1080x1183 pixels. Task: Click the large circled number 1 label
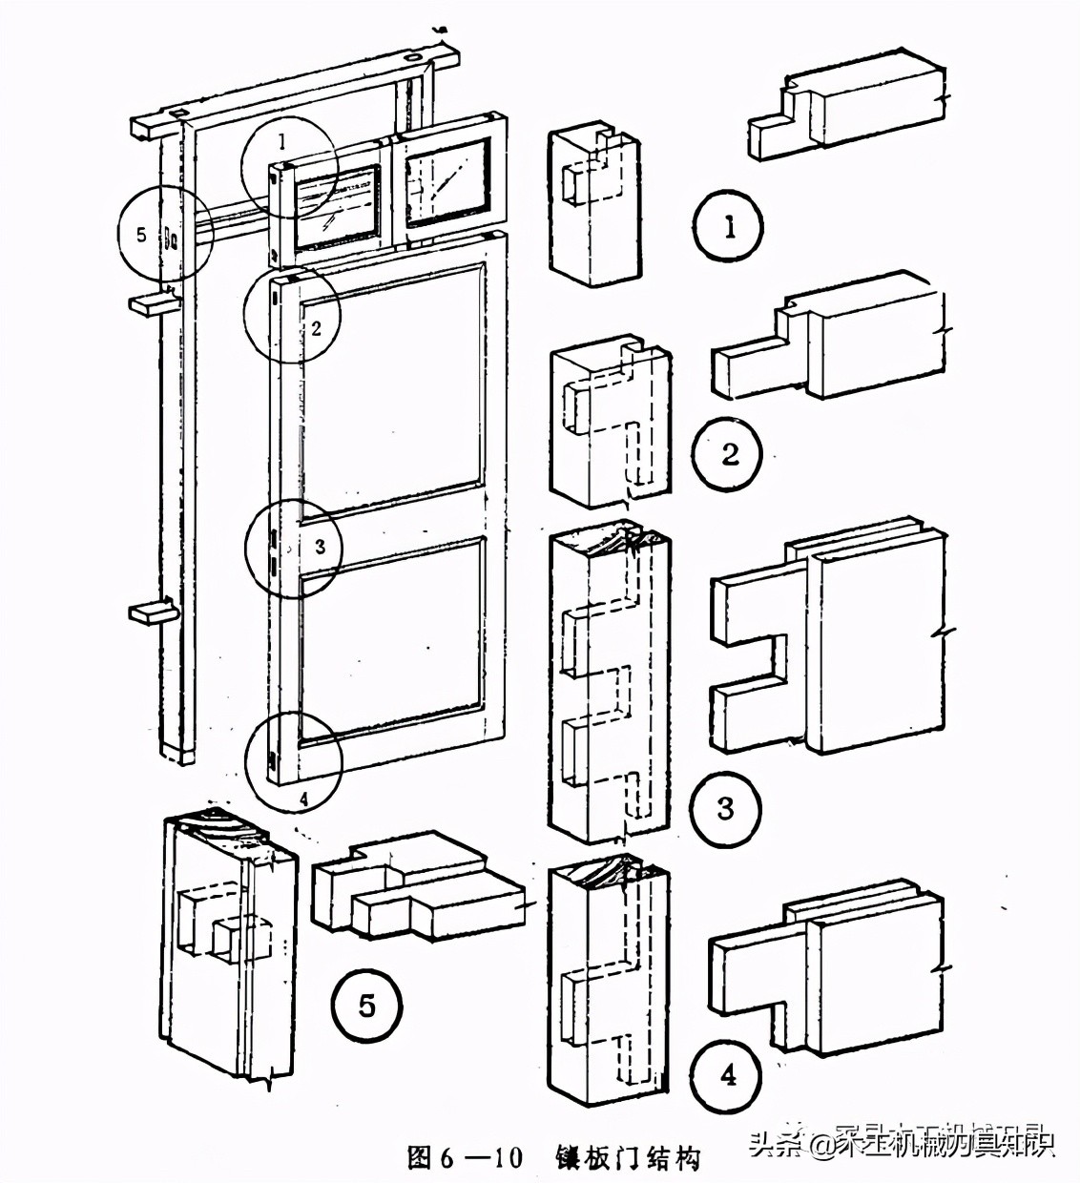[x=729, y=227]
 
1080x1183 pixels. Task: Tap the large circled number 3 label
[x=725, y=809]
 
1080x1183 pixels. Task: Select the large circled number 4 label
[x=728, y=1076]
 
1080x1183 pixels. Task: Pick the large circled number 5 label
[x=366, y=1005]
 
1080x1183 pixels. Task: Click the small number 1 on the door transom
[x=281, y=142]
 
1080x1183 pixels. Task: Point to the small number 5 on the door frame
[x=142, y=233]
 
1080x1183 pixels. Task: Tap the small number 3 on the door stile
[x=321, y=547]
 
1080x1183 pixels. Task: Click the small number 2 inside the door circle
[x=317, y=329]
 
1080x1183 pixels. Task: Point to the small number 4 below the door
[x=303, y=799]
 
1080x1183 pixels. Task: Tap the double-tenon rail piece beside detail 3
[x=830, y=639]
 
